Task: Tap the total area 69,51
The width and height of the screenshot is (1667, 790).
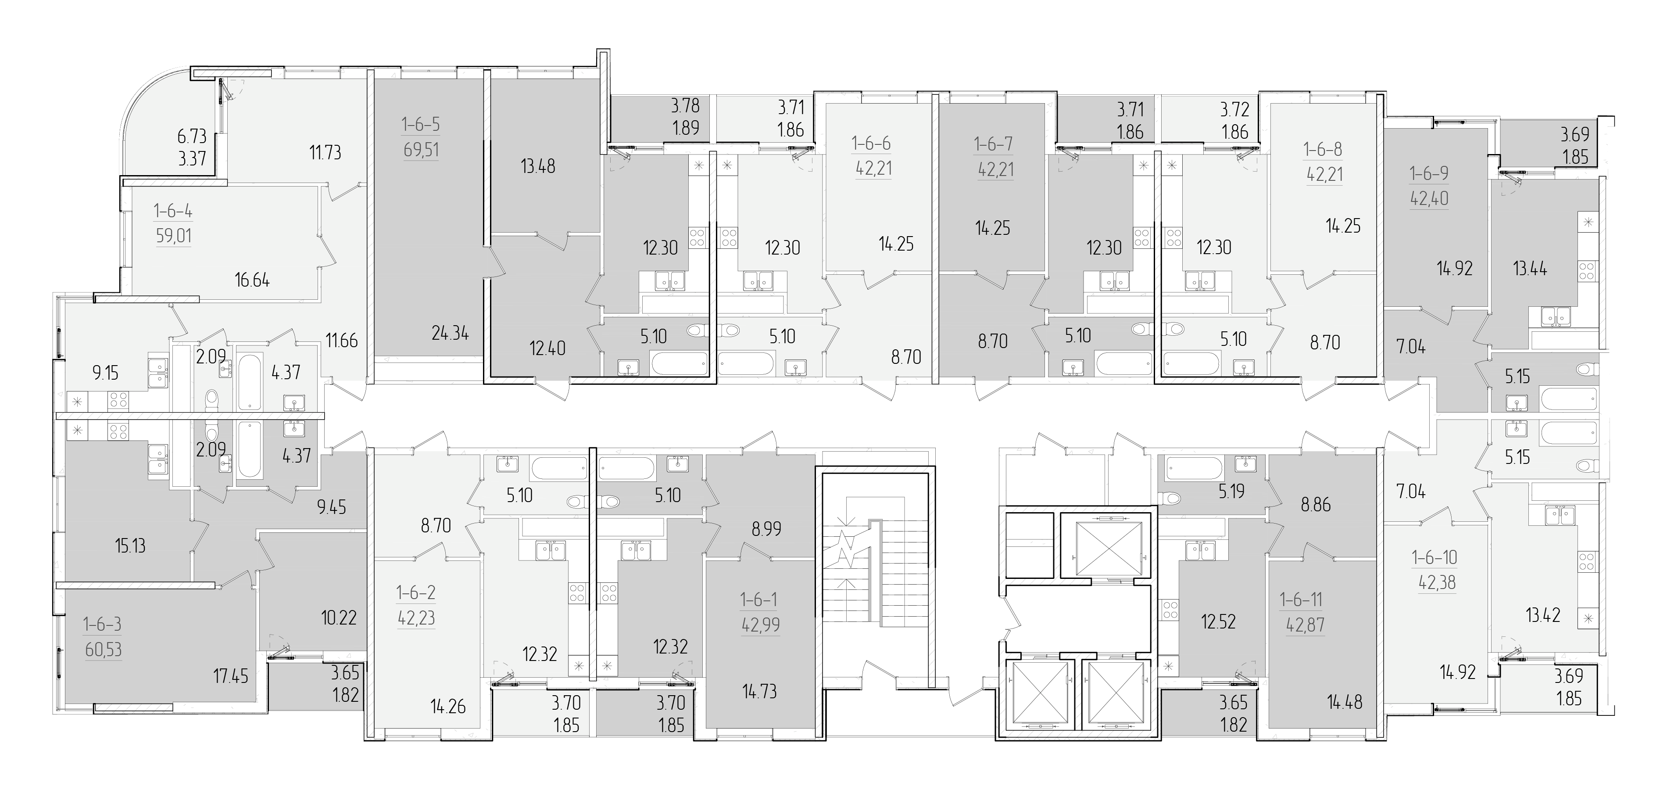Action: click(421, 150)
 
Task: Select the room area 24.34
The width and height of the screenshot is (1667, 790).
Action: click(451, 334)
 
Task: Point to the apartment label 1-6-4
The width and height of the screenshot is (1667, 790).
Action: click(173, 211)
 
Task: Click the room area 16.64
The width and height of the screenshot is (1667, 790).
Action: click(252, 280)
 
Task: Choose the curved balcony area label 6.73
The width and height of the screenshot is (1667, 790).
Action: click(192, 136)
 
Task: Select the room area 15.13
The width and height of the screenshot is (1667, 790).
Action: click(130, 546)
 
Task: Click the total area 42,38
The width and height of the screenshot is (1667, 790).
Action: click(1437, 582)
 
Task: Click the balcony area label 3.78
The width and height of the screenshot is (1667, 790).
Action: click(685, 104)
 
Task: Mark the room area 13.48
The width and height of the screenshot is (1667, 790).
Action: click(538, 166)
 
